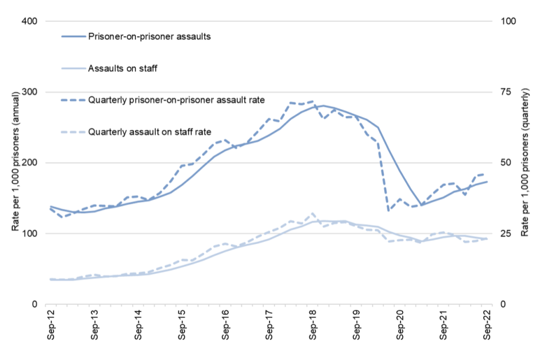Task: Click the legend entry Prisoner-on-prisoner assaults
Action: coord(149,37)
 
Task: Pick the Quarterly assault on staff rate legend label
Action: coord(149,132)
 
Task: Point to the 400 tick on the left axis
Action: coord(29,21)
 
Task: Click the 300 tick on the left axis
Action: coord(29,92)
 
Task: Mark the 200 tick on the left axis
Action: coord(29,163)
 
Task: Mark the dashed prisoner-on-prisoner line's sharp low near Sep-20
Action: coord(389,210)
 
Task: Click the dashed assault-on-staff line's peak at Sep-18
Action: coord(313,214)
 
